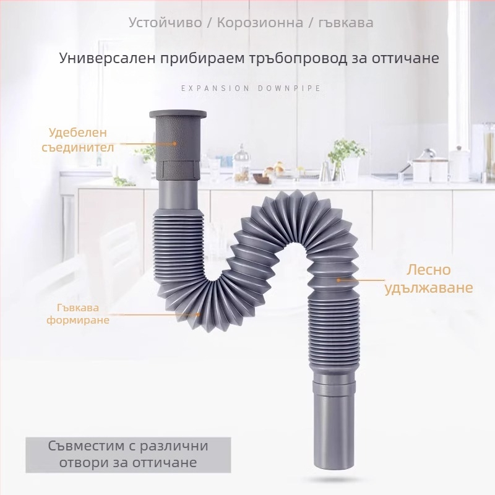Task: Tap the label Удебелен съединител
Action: [x=79, y=140]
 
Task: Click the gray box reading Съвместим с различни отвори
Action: [x=127, y=454]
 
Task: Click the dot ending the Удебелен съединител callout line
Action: [x=175, y=143]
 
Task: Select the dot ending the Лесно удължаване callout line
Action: [x=338, y=280]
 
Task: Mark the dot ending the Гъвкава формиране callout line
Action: [x=199, y=314]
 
